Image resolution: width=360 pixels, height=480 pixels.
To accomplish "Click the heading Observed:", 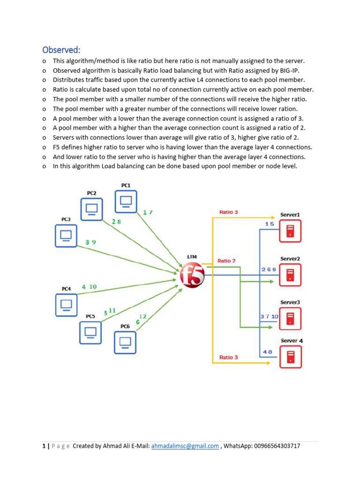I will pos(61,50).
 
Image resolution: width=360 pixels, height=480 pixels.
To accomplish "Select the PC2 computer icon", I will pos(91,209).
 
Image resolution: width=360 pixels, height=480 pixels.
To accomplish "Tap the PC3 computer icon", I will pos(66,235).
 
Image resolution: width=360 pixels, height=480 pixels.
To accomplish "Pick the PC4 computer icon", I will pos(66,305).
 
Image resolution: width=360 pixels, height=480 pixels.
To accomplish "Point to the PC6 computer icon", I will pos(125,342).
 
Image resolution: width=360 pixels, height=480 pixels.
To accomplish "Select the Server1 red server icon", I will pos(290,231).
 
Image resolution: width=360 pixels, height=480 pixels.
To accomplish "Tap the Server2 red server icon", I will pos(290,275).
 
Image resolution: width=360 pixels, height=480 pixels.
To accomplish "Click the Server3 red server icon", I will pos(290,319).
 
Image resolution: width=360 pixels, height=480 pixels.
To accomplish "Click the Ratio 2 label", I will pos(226,261).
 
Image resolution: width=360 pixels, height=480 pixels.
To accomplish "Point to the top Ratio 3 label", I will pos(228,212).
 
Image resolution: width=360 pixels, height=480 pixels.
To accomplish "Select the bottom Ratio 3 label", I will pos(228,357).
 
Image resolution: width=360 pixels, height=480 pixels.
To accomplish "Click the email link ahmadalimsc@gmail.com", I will pos(185,446).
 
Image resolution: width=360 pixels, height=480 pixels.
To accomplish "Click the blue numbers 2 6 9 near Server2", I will pos(269,270).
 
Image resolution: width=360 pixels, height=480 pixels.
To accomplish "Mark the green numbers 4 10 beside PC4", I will pos(89,287).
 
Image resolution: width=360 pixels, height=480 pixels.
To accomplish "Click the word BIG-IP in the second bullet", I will pos(287,71).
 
